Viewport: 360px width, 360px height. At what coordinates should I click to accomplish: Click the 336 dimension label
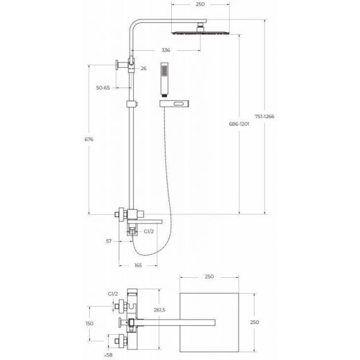[x=165, y=50]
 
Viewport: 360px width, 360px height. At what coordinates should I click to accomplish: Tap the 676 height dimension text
[x=89, y=140]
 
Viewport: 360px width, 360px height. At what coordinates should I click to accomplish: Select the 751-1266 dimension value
[x=265, y=116]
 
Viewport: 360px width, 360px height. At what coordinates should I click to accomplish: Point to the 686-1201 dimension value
[x=239, y=124]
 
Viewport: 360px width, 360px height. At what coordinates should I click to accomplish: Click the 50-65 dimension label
[x=103, y=88]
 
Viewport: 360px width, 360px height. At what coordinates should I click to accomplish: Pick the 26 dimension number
[x=143, y=68]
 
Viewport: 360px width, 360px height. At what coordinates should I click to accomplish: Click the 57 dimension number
[x=109, y=241]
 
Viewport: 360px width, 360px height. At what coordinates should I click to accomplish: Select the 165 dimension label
[x=138, y=265]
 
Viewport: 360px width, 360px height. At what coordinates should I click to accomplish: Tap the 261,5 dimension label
[x=160, y=310]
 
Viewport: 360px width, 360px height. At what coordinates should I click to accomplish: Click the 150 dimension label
[x=90, y=323]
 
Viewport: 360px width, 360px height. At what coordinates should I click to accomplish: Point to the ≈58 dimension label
[x=108, y=355]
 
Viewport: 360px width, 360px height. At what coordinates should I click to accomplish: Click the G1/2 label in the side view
[x=148, y=231]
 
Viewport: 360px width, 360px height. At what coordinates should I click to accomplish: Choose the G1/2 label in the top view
[x=113, y=294]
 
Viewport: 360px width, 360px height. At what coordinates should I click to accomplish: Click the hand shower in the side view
[x=164, y=79]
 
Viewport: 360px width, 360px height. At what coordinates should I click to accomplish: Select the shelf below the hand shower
[x=174, y=104]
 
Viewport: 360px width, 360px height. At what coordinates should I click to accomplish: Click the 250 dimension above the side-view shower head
[x=200, y=4]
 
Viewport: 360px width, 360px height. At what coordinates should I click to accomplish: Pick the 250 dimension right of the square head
[x=255, y=322]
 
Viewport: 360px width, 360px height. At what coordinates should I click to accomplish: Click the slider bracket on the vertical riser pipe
[x=132, y=104]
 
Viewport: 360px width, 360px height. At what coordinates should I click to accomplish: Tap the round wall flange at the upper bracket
[x=117, y=65]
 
